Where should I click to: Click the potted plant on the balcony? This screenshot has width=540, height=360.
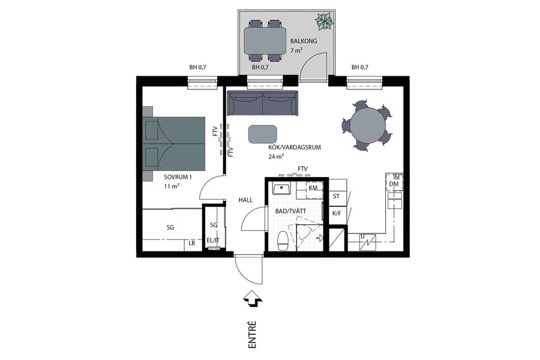click(324, 22)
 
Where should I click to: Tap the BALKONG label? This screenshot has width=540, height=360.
click(302, 42)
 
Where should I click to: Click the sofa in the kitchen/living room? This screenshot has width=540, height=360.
click(262, 103)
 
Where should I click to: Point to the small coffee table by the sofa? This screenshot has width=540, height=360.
click(263, 134)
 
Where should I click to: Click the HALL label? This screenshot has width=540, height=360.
click(246, 200)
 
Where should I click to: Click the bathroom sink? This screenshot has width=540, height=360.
click(281, 189)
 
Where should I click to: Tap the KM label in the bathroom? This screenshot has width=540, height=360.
click(313, 188)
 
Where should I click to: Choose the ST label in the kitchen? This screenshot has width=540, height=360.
click(336, 196)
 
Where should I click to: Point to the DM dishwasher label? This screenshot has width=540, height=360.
click(394, 184)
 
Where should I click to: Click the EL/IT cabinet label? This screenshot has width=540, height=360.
click(212, 241)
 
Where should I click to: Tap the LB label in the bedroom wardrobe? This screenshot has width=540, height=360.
click(192, 243)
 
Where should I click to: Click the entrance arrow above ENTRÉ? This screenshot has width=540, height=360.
click(251, 298)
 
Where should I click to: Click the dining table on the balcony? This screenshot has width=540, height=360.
click(266, 41)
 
